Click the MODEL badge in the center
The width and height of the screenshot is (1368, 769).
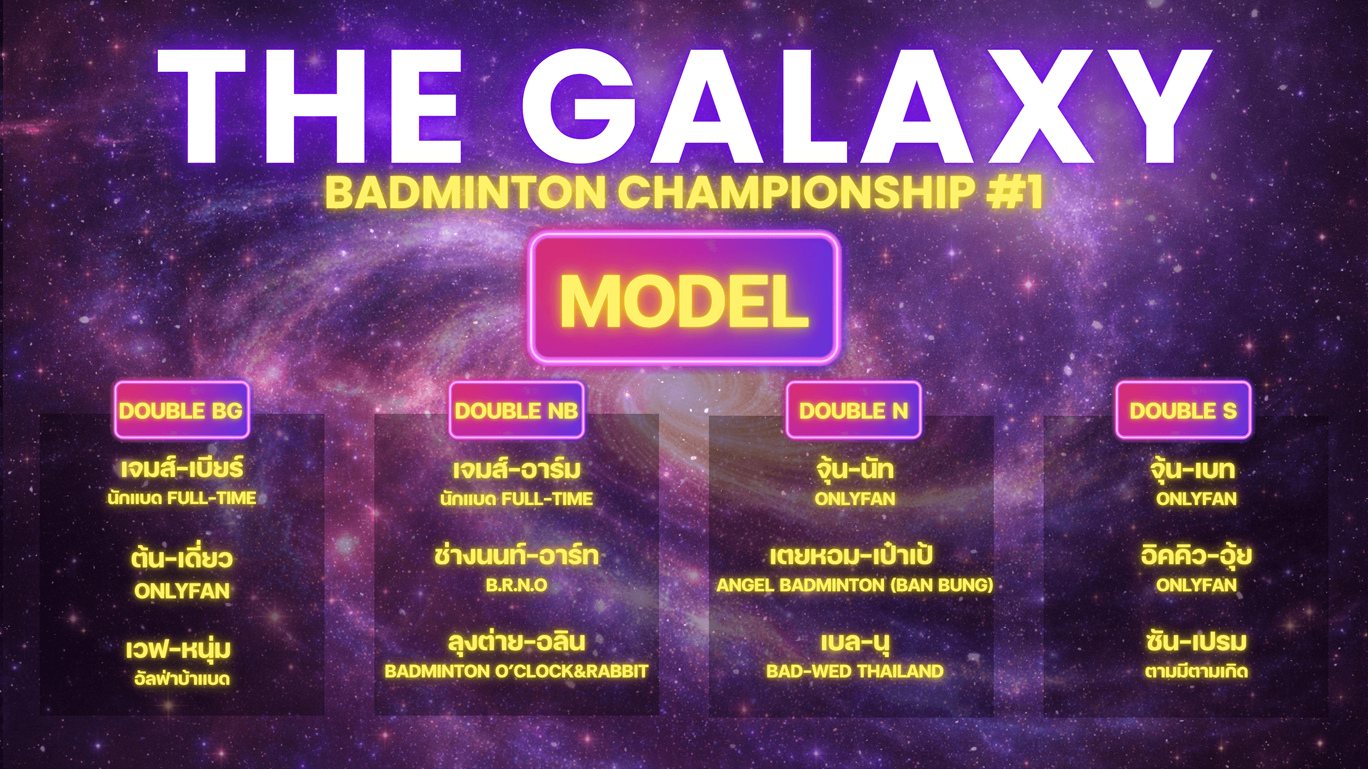[684, 298]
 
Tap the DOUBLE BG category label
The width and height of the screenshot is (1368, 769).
[182, 410]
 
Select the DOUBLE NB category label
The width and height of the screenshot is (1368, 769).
[516, 410]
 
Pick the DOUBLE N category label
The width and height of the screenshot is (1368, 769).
[853, 410]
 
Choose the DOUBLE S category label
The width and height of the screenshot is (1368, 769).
[1183, 410]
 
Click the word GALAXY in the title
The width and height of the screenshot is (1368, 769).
[866, 106]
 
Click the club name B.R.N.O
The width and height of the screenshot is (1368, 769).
[516, 585]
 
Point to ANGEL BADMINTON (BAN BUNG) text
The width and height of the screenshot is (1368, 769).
[854, 585]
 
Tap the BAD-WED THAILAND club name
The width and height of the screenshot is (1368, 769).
[854, 671]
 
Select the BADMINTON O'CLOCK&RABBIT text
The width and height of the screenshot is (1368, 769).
[516, 671]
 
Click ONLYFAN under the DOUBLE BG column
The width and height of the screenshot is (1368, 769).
[182, 591]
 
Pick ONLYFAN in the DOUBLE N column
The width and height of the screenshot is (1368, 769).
[854, 499]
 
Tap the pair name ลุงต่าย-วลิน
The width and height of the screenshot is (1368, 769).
[516, 642]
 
